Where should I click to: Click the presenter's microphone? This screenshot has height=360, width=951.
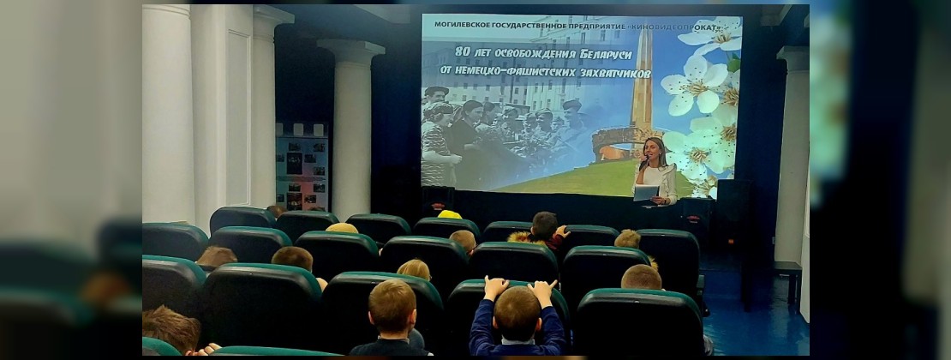[643, 163]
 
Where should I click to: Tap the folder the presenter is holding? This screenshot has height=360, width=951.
[646, 193]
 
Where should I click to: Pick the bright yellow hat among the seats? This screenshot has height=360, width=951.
[450, 214]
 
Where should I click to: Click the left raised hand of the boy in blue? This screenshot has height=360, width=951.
[495, 287]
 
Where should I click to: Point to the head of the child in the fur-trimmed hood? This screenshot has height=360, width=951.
[544, 225]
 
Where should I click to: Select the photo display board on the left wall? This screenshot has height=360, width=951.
[302, 167]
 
